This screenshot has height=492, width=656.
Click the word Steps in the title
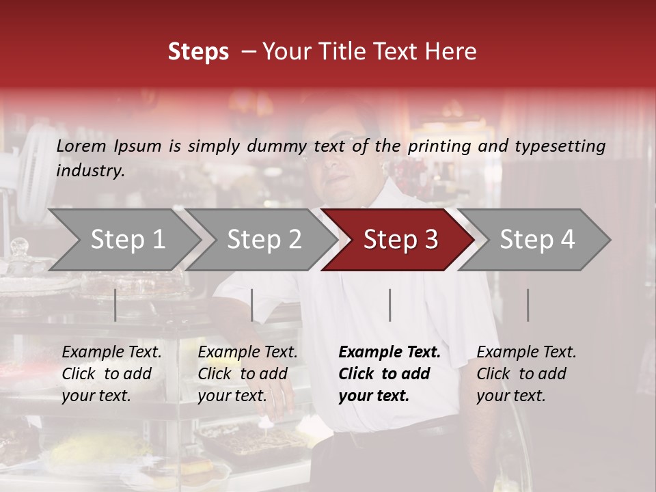(198, 52)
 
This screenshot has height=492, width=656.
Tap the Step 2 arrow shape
(264, 240)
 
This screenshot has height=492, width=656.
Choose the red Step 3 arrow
(400, 240)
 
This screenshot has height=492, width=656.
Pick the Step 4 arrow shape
(537, 240)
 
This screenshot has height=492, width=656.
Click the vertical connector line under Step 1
(115, 305)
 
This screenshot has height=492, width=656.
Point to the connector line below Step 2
(252, 305)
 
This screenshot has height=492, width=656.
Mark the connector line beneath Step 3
(390, 305)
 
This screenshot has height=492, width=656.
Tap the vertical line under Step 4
(528, 305)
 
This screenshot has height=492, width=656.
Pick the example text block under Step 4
(526, 374)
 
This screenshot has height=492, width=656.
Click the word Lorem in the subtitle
(81, 146)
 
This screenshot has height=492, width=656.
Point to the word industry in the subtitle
(90, 171)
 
